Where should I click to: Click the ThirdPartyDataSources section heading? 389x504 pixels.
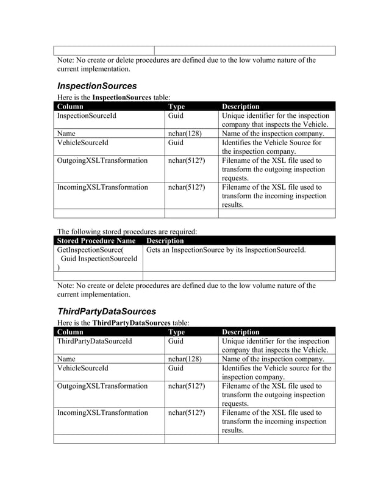click(x=107, y=311)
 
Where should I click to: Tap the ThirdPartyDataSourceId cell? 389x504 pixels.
click(x=94, y=341)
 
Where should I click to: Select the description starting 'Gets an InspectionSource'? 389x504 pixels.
click(x=226, y=250)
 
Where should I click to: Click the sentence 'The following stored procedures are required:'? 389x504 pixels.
click(x=127, y=232)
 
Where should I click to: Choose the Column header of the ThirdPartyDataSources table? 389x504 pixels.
click(x=70, y=332)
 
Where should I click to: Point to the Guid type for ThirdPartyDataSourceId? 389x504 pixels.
click(x=176, y=341)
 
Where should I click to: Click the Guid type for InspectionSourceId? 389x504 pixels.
click(x=176, y=115)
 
